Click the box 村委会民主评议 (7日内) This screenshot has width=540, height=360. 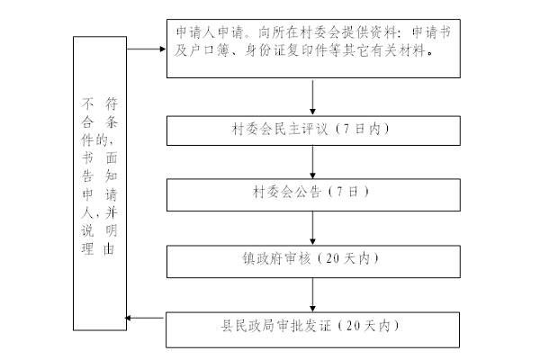[312, 130]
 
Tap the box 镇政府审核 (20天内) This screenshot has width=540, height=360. [312, 259]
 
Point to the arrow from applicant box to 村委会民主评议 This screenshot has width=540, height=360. [312, 96]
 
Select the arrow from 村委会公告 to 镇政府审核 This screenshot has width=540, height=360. [312, 227]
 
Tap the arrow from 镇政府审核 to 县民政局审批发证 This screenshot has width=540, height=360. [312, 293]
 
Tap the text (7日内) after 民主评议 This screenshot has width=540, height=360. [363, 130]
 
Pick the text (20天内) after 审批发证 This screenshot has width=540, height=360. [373, 325]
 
